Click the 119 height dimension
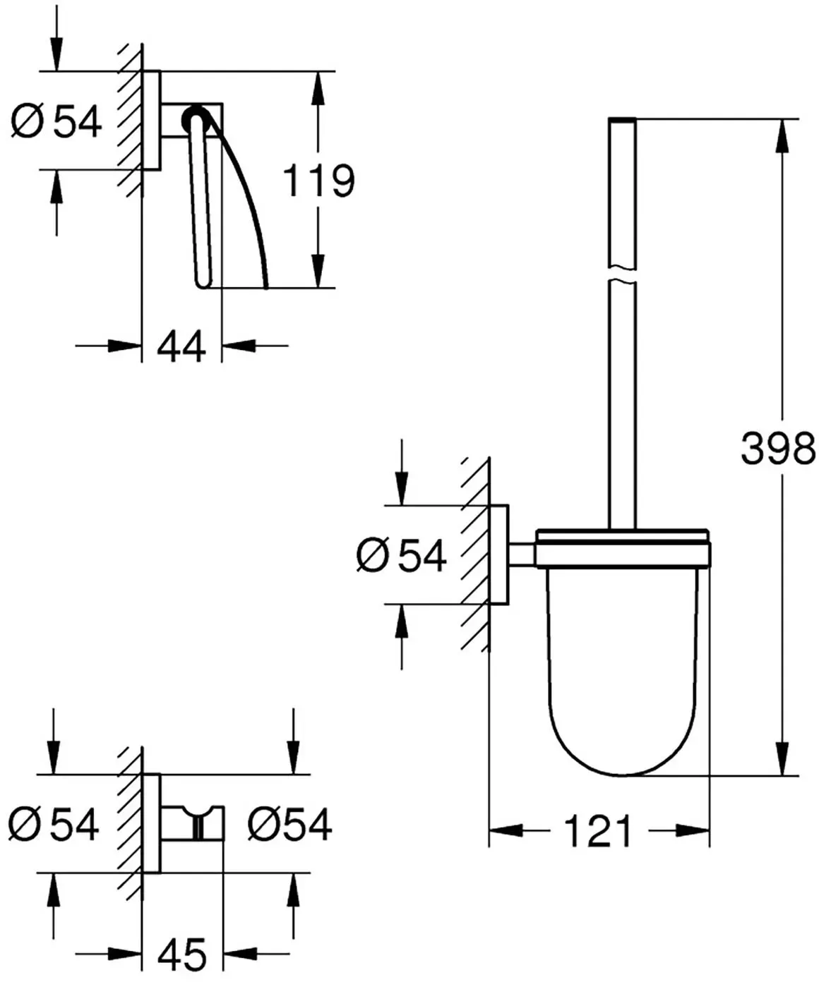[x=318, y=180]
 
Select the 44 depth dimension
[x=181, y=346]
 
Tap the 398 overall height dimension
[x=778, y=448]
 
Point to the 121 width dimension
[x=598, y=832]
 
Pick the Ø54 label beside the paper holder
[x=56, y=121]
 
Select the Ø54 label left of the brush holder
[x=401, y=555]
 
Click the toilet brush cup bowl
[x=622, y=672]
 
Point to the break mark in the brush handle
[x=622, y=276]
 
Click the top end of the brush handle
[x=622, y=119]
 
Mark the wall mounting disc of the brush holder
[x=499, y=555]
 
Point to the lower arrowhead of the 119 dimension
[x=318, y=271]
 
